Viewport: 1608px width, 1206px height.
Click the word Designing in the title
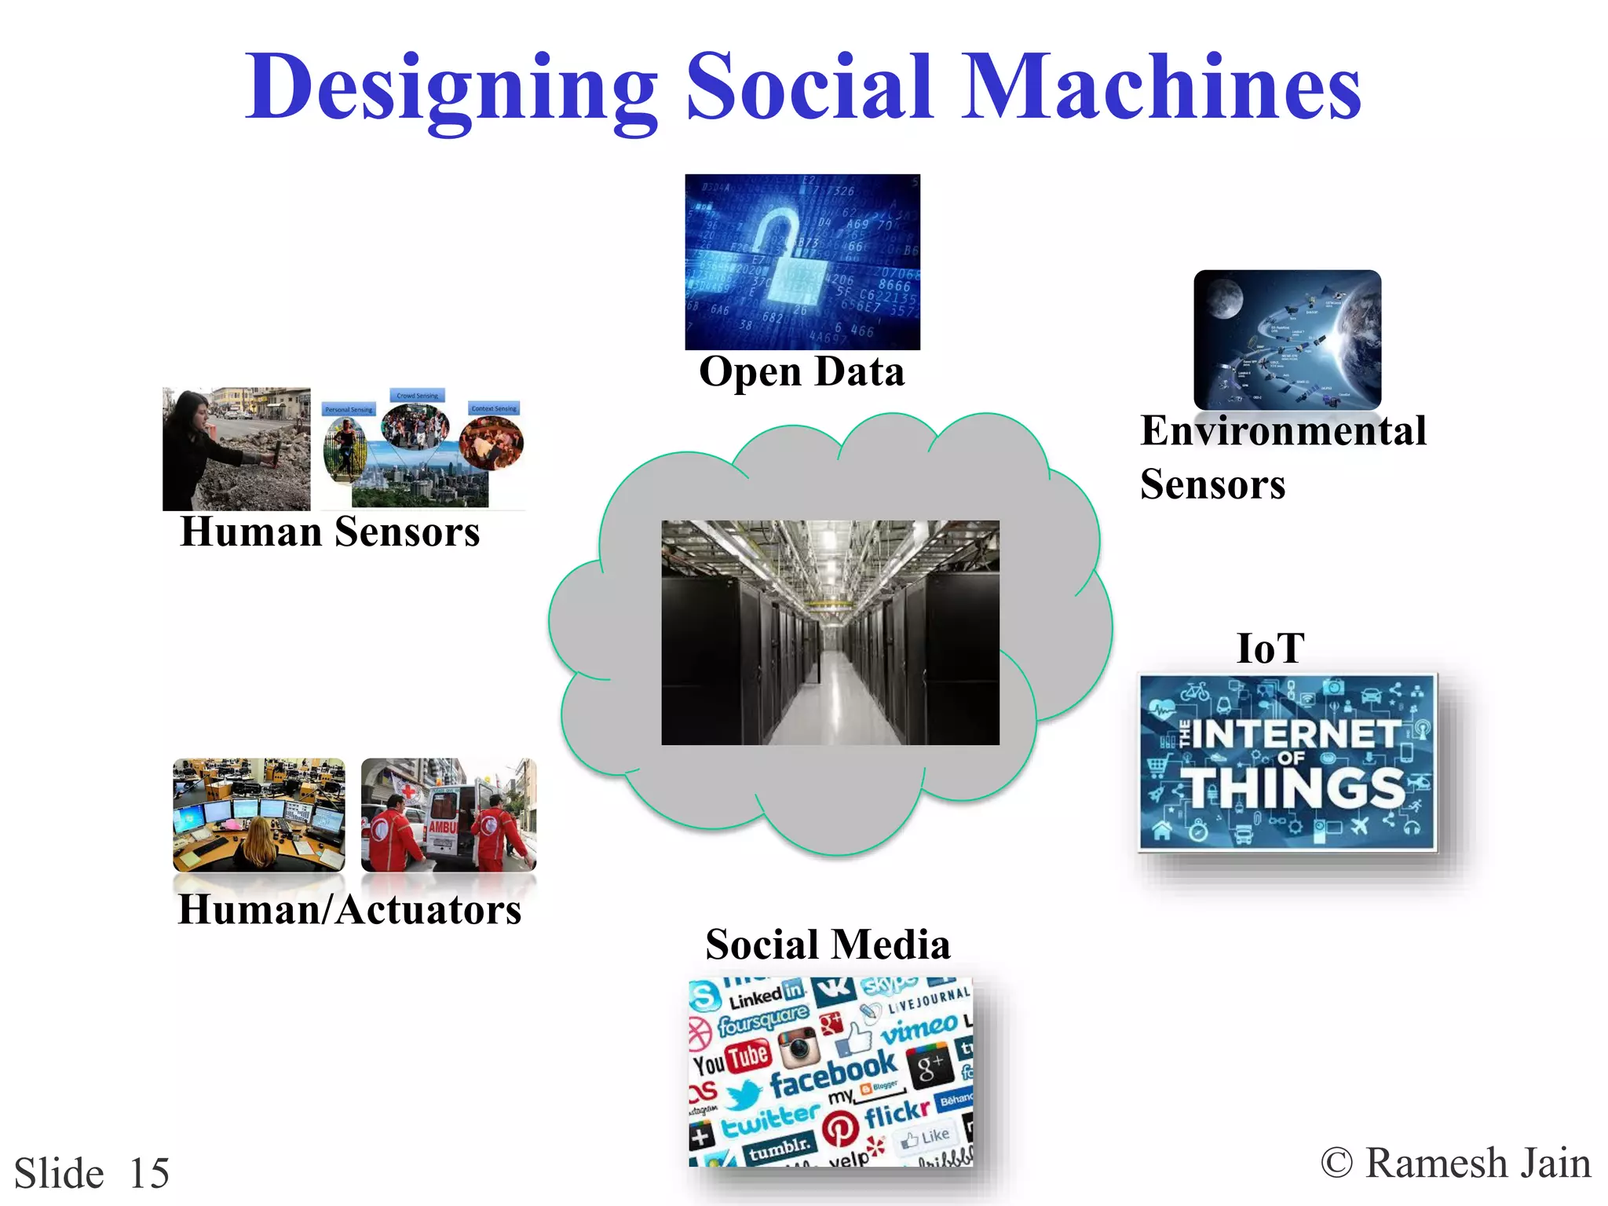point(451,88)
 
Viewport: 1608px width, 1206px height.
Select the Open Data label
point(802,372)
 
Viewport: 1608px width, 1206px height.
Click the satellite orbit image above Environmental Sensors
point(1287,339)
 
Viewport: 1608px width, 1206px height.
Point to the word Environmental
point(1283,431)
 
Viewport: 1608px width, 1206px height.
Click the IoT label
point(1270,649)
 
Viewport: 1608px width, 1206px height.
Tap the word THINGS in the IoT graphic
point(1296,788)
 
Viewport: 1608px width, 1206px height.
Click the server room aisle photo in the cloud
point(830,632)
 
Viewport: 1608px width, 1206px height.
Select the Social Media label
point(828,945)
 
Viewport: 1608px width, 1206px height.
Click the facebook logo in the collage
point(832,1073)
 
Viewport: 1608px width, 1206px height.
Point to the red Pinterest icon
point(840,1128)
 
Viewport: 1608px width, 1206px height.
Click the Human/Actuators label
point(349,910)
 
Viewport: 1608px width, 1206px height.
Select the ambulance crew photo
point(448,815)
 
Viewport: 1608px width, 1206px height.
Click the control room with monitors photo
point(258,815)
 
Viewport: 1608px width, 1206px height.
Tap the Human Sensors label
point(330,532)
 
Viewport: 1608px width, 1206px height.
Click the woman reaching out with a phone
point(236,449)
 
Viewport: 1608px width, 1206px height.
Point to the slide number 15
point(149,1174)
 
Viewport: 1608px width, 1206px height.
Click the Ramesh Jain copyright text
point(1456,1164)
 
